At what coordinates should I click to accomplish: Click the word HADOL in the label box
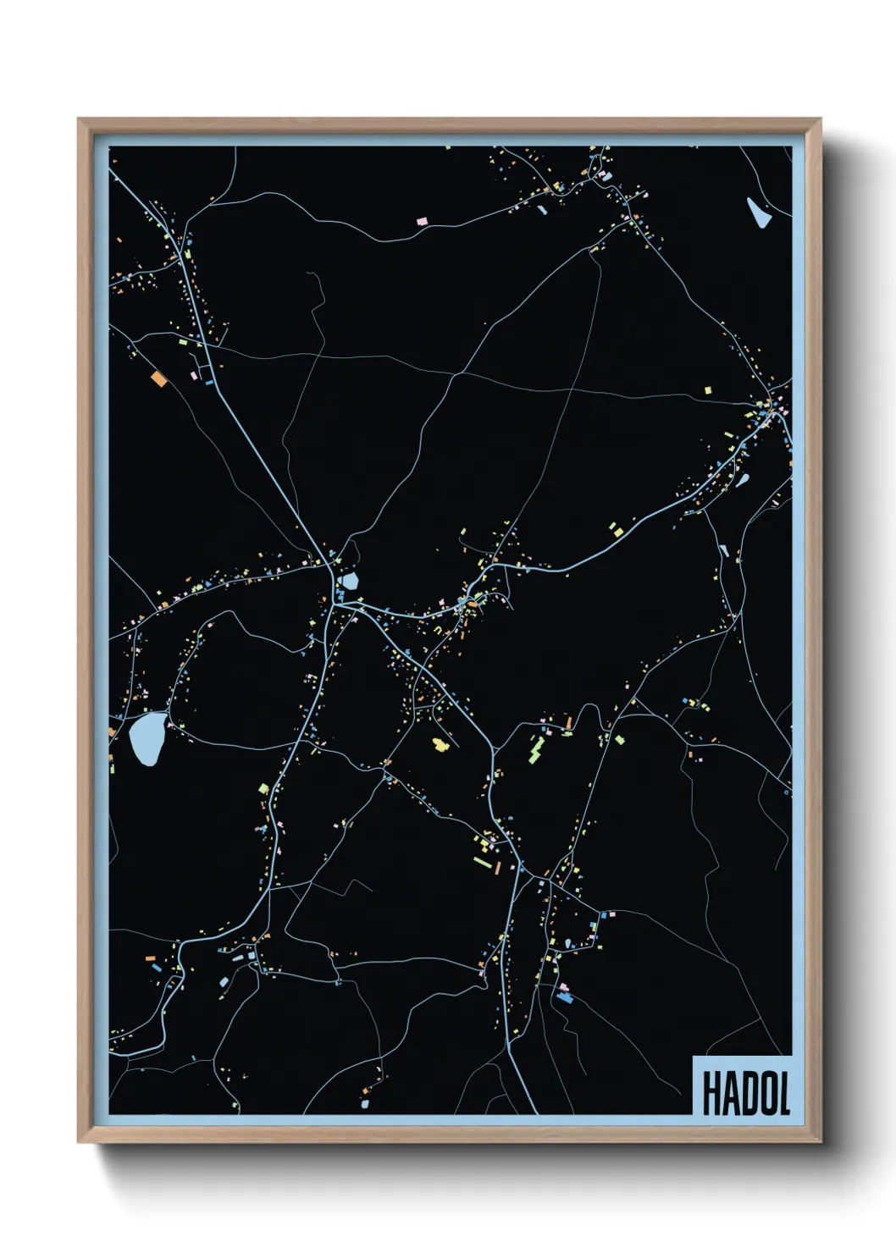[745, 1093]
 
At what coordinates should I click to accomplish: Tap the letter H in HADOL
[711, 1093]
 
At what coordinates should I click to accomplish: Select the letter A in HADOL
[727, 1093]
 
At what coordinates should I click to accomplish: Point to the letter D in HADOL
[745, 1093]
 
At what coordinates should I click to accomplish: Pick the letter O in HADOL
[764, 1093]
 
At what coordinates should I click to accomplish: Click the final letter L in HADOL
[783, 1093]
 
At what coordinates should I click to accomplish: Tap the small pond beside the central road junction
[349, 582]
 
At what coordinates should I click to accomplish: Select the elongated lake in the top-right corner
[758, 213]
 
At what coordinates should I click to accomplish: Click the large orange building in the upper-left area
[158, 378]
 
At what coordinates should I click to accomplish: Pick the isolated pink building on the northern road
[422, 221]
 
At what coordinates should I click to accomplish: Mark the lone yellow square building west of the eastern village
[708, 390]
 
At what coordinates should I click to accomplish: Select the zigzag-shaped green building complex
[536, 749]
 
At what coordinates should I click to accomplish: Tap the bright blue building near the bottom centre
[565, 998]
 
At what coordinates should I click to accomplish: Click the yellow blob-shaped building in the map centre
[440, 744]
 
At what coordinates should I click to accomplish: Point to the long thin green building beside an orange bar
[482, 863]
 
